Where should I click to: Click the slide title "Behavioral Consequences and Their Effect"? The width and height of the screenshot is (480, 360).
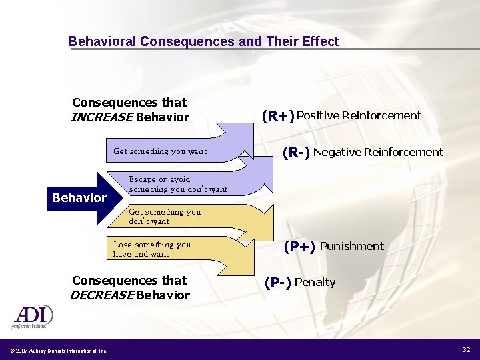pos(203,41)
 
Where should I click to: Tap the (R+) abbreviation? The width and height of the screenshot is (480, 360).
pos(278,116)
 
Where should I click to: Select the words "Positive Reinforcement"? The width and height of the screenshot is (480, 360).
pos(359,115)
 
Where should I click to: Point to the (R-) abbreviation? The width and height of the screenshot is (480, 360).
pos(296,153)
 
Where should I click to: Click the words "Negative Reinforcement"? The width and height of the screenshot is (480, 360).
pos(378,152)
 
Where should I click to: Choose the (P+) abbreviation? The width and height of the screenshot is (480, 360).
pos(299,247)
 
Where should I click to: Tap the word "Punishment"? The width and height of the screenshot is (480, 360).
pos(352,246)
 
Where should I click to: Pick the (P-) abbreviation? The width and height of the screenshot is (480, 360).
pos(277,283)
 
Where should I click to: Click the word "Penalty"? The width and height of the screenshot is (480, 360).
pos(315,282)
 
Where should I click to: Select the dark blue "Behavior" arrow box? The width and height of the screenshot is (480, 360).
pos(80,198)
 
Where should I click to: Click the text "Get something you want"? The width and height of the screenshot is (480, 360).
pos(160,151)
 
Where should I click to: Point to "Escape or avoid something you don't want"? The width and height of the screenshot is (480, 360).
pos(178,184)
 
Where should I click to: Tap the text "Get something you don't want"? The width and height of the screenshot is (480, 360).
pos(165,217)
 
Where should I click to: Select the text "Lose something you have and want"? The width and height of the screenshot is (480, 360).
pos(152,249)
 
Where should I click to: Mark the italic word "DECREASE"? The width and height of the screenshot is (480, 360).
pos(101,295)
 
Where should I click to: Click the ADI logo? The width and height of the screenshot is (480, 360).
pos(31,317)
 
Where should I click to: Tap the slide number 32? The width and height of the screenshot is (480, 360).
pos(465,350)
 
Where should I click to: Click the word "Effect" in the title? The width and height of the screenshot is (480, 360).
pos(319,41)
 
